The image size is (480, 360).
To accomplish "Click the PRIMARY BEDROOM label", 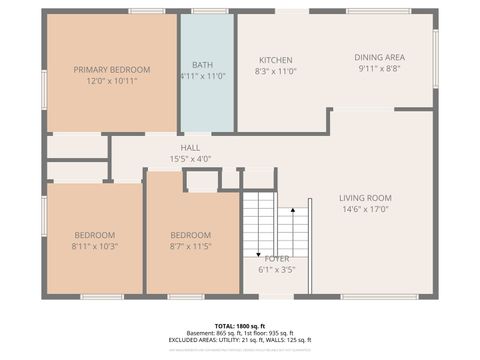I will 112,69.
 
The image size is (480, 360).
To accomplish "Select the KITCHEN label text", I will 276,60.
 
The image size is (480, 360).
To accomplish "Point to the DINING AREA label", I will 379,57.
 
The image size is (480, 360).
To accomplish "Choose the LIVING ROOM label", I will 365,198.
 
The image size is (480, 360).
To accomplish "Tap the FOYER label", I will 277,258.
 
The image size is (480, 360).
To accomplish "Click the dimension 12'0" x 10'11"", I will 112,81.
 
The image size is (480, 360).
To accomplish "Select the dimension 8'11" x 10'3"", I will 95,246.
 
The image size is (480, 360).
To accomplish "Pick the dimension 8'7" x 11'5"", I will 190,246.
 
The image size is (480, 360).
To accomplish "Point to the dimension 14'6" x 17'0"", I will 365,209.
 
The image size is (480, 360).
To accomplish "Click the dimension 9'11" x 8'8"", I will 379,69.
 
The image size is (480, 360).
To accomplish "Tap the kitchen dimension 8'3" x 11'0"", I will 276,72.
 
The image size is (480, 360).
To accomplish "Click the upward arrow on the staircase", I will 292,213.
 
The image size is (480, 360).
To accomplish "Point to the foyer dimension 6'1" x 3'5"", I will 277,269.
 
